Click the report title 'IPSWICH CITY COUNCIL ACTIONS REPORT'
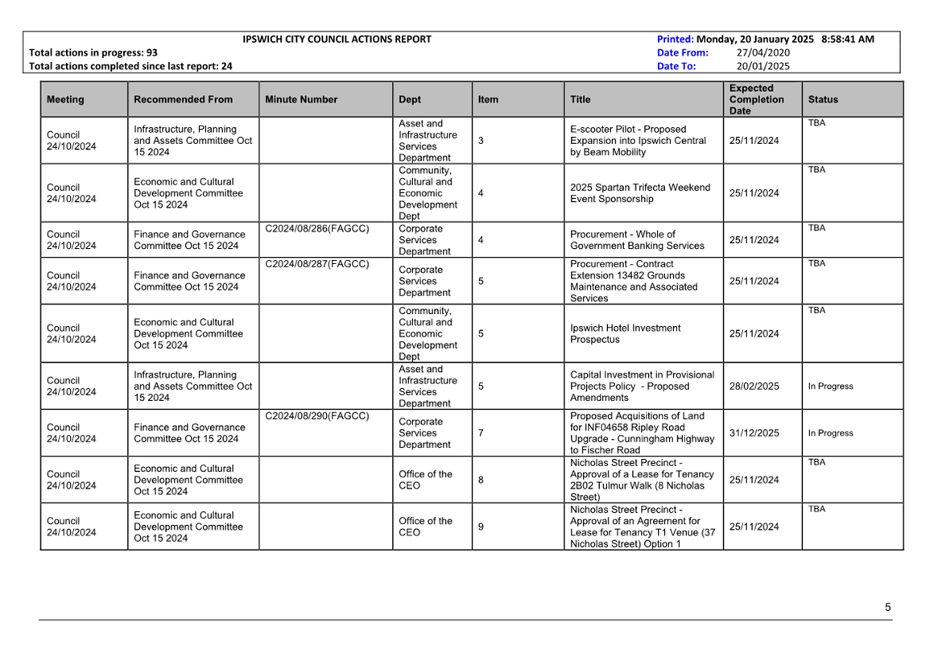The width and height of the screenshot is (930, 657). [x=337, y=39]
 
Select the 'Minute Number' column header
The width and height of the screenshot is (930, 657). [x=301, y=100]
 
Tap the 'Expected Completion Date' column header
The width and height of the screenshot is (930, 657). [x=756, y=100]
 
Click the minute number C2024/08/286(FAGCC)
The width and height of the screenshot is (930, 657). [x=317, y=229]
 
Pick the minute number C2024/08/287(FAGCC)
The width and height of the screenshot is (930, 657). [x=317, y=264]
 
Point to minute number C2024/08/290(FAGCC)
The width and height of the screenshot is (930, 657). [x=317, y=416]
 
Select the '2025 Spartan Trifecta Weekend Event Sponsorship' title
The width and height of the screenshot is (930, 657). [x=640, y=193]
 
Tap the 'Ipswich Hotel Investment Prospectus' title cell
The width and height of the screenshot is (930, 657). [x=625, y=333]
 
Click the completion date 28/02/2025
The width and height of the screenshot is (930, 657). [x=754, y=386]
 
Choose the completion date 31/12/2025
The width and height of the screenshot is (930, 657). [x=754, y=433]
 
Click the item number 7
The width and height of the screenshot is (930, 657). [x=481, y=433]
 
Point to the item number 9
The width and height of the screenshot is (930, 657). [x=481, y=527]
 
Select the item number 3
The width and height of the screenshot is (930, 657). [x=481, y=141]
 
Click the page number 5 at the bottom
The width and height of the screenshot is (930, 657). [x=887, y=607]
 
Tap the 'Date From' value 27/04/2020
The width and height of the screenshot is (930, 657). [x=763, y=52]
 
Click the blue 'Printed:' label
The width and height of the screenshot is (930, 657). [x=675, y=39]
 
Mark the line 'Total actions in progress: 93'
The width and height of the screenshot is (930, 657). [x=93, y=52]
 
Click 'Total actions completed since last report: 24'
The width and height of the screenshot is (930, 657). [x=130, y=66]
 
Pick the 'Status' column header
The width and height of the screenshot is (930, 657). [x=823, y=100]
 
